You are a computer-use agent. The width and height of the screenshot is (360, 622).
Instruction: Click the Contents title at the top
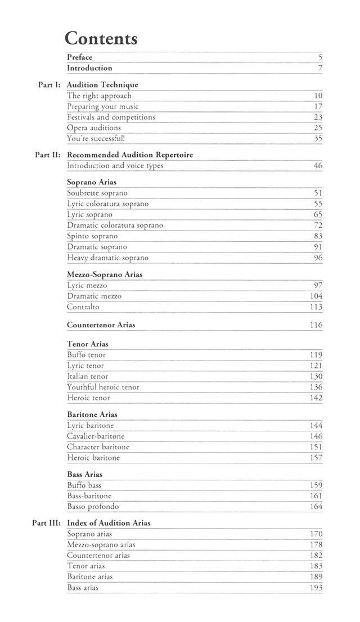tap(101, 38)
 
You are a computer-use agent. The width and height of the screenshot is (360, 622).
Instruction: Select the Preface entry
tap(79, 57)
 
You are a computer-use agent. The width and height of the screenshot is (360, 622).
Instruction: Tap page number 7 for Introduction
tap(319, 68)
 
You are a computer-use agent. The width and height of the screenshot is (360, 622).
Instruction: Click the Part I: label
tap(49, 85)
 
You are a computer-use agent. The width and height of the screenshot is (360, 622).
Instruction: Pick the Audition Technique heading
tap(102, 85)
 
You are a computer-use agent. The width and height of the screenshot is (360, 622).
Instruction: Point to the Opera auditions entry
tap(94, 128)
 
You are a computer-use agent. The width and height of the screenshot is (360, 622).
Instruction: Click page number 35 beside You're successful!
tap(318, 138)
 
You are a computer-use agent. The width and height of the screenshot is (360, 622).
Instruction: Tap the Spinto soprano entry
tap(92, 236)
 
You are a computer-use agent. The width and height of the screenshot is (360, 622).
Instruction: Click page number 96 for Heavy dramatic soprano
tap(318, 258)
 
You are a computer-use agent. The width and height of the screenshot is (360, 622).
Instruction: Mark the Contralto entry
tap(83, 307)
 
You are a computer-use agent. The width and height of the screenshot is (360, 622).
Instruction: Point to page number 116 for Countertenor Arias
tap(316, 325)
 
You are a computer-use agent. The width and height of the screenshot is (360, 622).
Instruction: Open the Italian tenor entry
tap(88, 376)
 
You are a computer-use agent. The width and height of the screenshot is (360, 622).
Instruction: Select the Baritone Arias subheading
tap(92, 414)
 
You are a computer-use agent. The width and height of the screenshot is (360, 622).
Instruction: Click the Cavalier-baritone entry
tap(96, 436)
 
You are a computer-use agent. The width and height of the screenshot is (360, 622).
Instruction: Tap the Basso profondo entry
tap(93, 507)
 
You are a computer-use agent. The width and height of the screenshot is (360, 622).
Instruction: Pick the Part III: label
tap(46, 523)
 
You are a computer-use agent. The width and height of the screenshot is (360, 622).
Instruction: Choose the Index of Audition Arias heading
tap(109, 523)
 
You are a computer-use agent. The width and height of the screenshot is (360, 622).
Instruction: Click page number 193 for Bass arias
tap(316, 588)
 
